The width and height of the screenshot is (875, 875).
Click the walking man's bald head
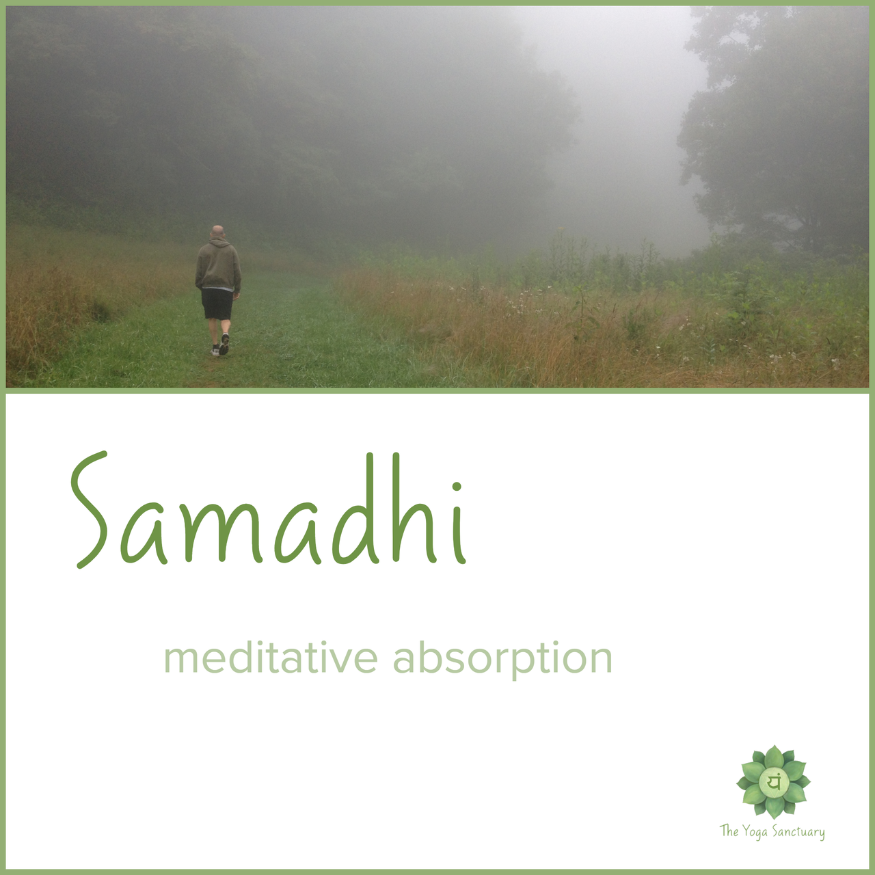[x=218, y=231]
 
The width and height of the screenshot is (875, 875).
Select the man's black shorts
[x=217, y=304]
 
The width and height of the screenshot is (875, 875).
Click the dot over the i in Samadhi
[x=457, y=487]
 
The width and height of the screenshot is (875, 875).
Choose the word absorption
[x=502, y=659]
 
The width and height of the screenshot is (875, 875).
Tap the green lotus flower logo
[x=773, y=782]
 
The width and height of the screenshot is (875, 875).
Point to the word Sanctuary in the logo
[x=801, y=832]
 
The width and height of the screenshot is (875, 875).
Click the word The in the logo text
[x=729, y=831]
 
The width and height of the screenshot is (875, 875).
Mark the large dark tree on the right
[x=772, y=132]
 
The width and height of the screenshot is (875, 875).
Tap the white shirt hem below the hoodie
[x=218, y=289]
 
